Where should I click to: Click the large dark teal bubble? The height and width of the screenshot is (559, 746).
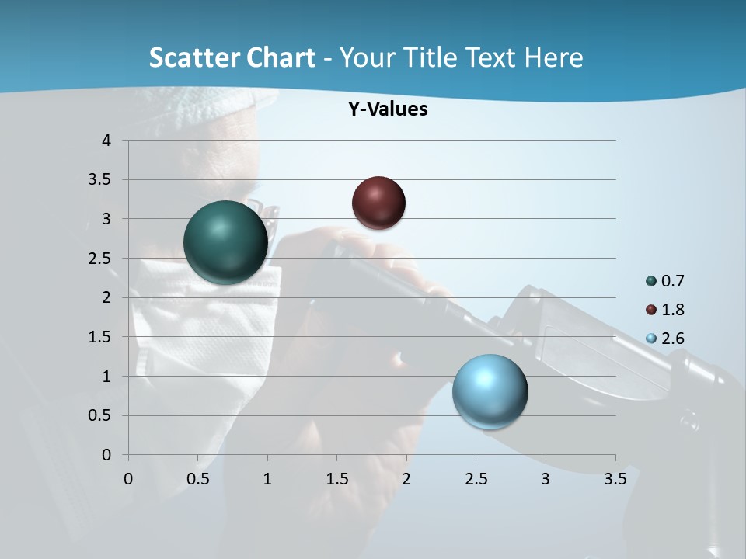(225, 242)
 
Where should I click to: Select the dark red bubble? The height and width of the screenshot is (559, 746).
(378, 203)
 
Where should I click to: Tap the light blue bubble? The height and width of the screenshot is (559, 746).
(490, 391)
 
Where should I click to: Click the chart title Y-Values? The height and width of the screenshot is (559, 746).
(388, 109)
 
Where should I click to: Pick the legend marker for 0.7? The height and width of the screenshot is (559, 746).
(651, 281)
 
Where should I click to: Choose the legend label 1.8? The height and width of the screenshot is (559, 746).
(673, 310)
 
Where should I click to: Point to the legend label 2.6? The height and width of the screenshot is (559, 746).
(673, 339)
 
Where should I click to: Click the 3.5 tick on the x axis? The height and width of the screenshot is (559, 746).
(615, 479)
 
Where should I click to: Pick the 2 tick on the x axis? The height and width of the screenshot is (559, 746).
(406, 479)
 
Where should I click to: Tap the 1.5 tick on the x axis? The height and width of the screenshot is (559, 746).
(336, 479)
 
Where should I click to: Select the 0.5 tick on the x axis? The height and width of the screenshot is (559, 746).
(197, 479)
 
